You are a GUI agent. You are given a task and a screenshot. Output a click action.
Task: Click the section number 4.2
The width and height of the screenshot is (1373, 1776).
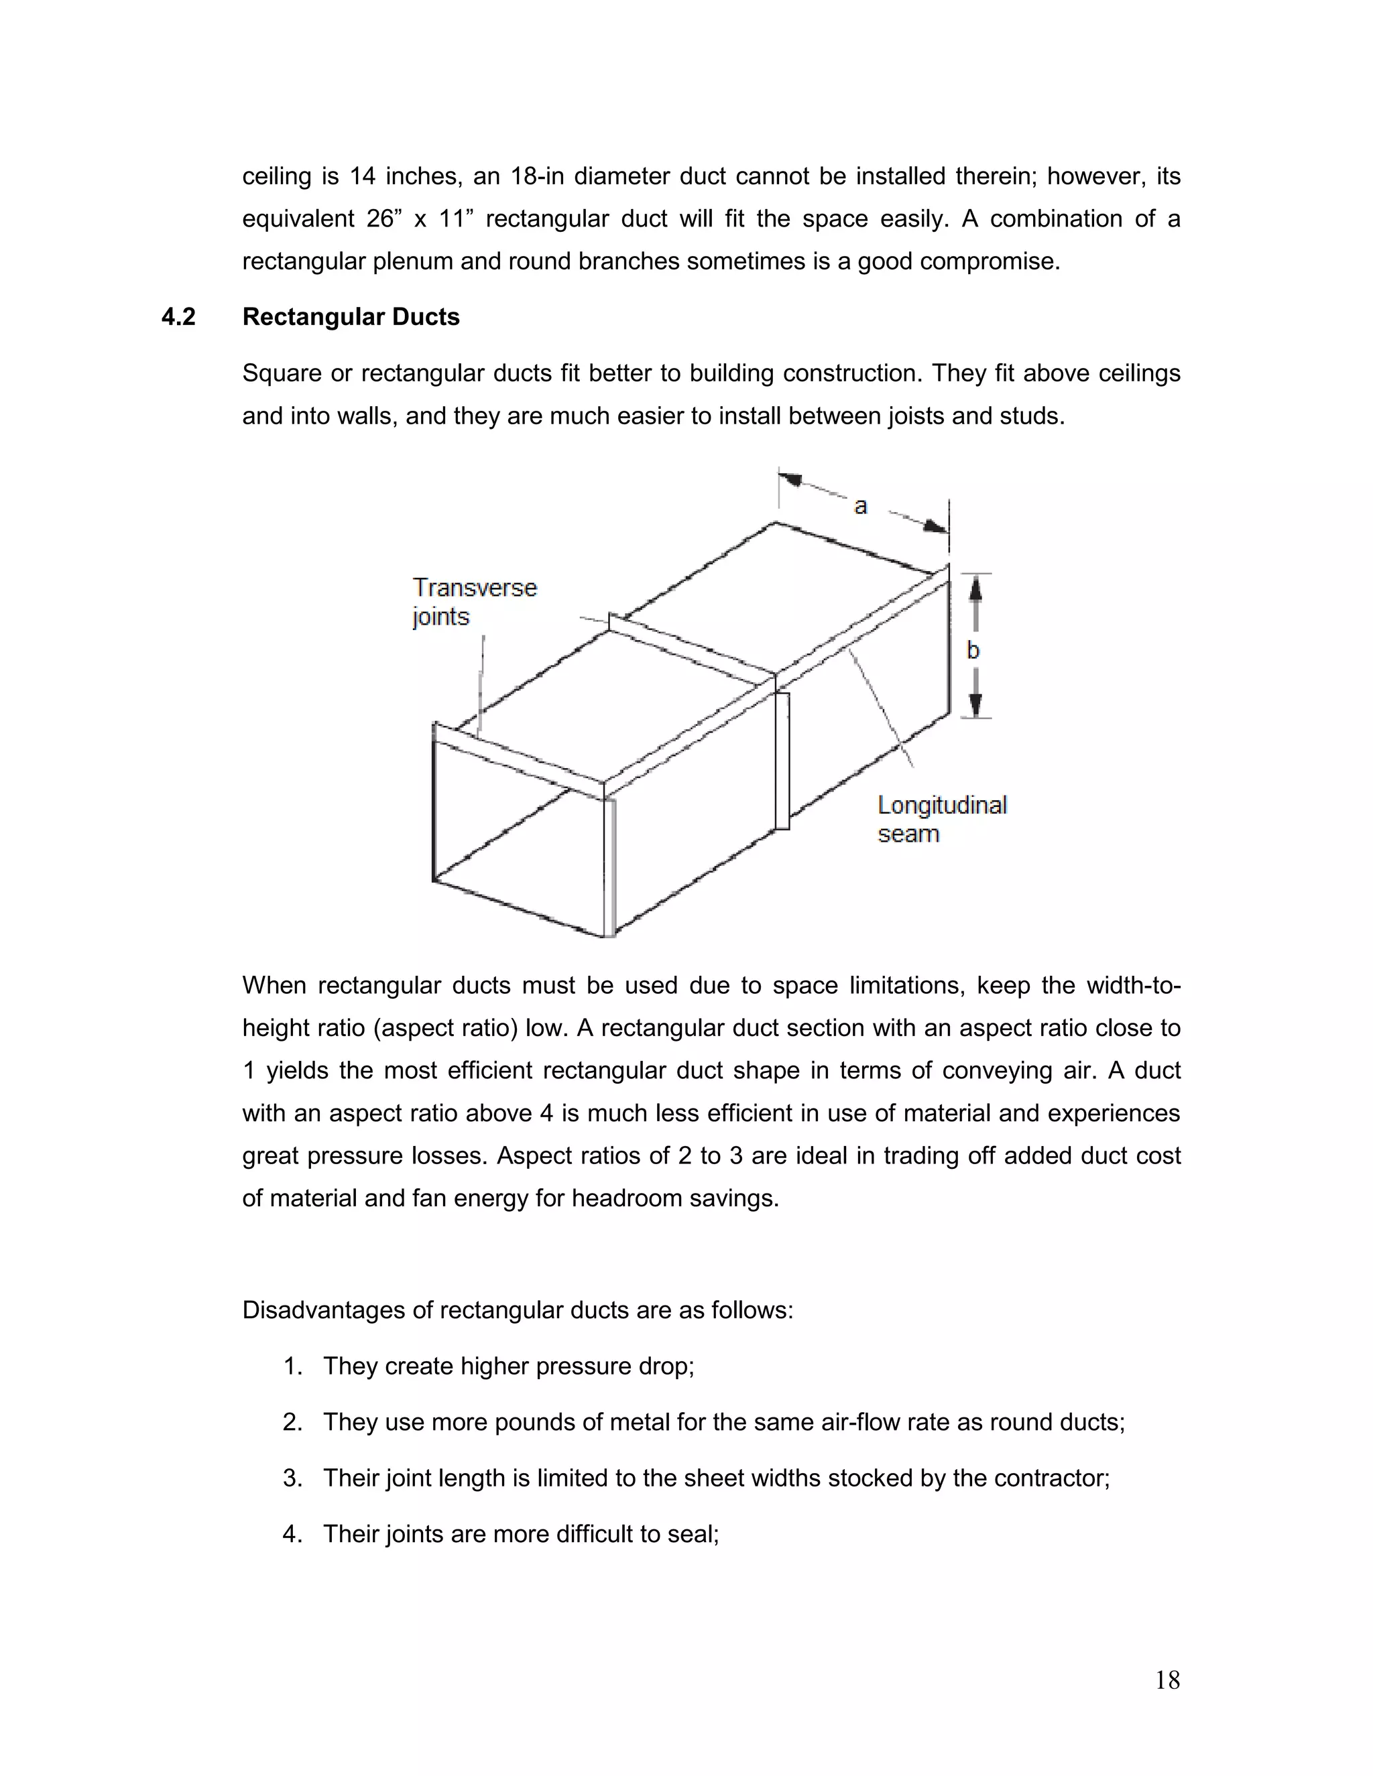point(178,317)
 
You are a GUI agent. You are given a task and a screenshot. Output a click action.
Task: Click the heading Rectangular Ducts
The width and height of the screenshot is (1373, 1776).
point(351,317)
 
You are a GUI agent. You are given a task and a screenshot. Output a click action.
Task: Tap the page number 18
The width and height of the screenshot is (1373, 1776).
point(1167,1680)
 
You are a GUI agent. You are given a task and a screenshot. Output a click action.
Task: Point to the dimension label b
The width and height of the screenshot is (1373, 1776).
point(973,651)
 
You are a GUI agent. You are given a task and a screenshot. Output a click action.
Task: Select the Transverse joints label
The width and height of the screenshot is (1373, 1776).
point(474,602)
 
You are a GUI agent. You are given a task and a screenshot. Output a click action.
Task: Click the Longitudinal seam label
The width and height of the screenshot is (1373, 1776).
point(941,819)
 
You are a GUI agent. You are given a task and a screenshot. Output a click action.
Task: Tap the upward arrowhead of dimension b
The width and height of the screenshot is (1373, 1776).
point(976,588)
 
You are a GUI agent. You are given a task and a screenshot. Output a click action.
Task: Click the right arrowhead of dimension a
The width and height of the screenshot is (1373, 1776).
point(935,526)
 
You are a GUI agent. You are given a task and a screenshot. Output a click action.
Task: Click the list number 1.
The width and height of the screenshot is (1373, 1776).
point(292,1366)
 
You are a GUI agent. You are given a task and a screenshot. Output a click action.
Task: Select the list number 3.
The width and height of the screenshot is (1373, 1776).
point(292,1478)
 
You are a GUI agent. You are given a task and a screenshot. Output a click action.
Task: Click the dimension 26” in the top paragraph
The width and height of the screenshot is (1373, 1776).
point(380,218)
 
